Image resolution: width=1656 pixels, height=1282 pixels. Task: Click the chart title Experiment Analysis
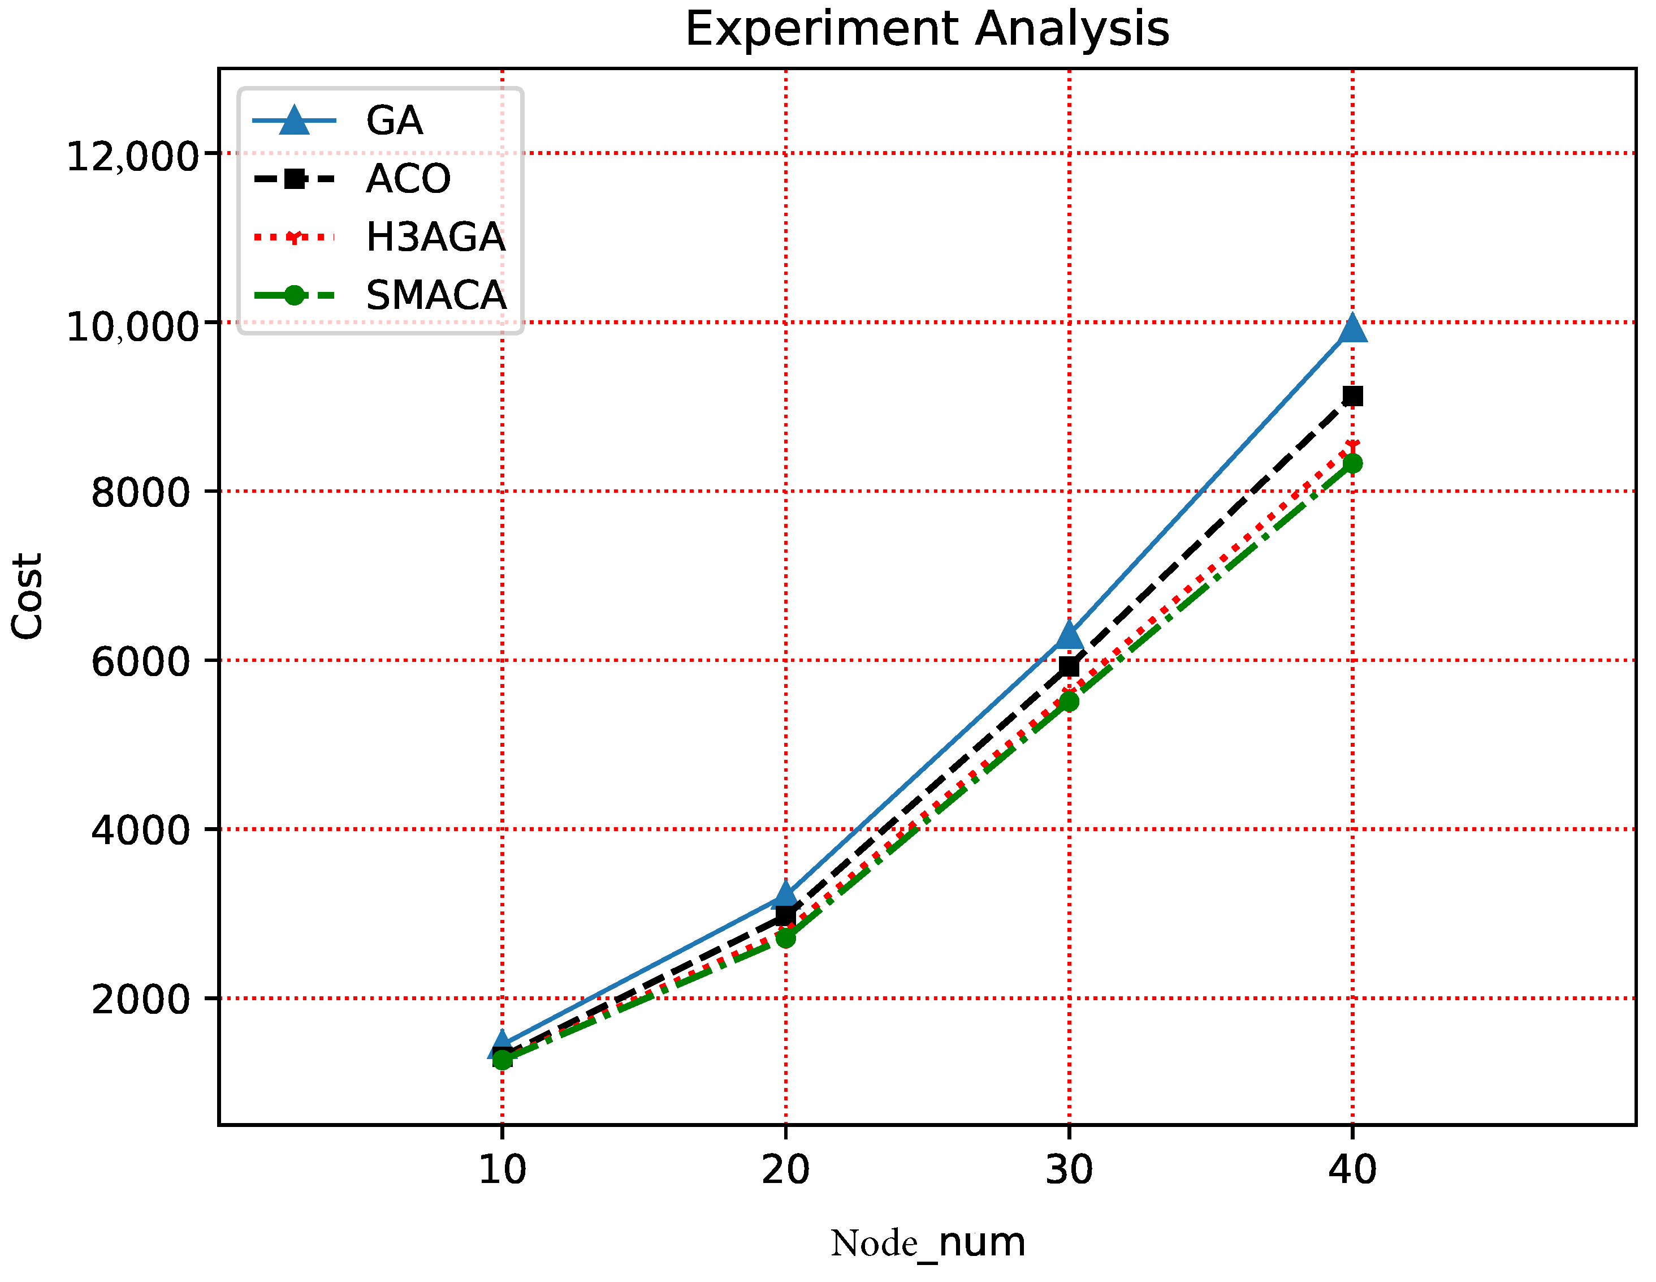point(927,31)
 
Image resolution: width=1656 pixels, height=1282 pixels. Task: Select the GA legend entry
point(394,121)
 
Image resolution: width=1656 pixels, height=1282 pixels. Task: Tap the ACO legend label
point(408,179)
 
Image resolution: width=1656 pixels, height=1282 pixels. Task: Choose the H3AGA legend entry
point(435,238)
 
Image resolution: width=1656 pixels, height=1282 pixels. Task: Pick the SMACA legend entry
point(436,296)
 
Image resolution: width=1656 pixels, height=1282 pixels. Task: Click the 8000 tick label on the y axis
point(140,493)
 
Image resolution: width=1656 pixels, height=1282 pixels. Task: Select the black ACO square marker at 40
point(1353,396)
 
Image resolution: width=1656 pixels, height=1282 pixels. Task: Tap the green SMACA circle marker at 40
point(1353,463)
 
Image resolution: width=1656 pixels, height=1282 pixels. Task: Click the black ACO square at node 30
point(1069,666)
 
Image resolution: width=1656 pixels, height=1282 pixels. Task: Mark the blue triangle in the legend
point(294,121)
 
